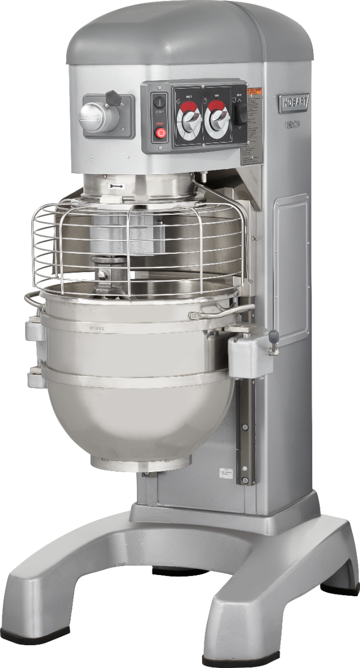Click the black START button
pyautogui.click(x=160, y=102)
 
